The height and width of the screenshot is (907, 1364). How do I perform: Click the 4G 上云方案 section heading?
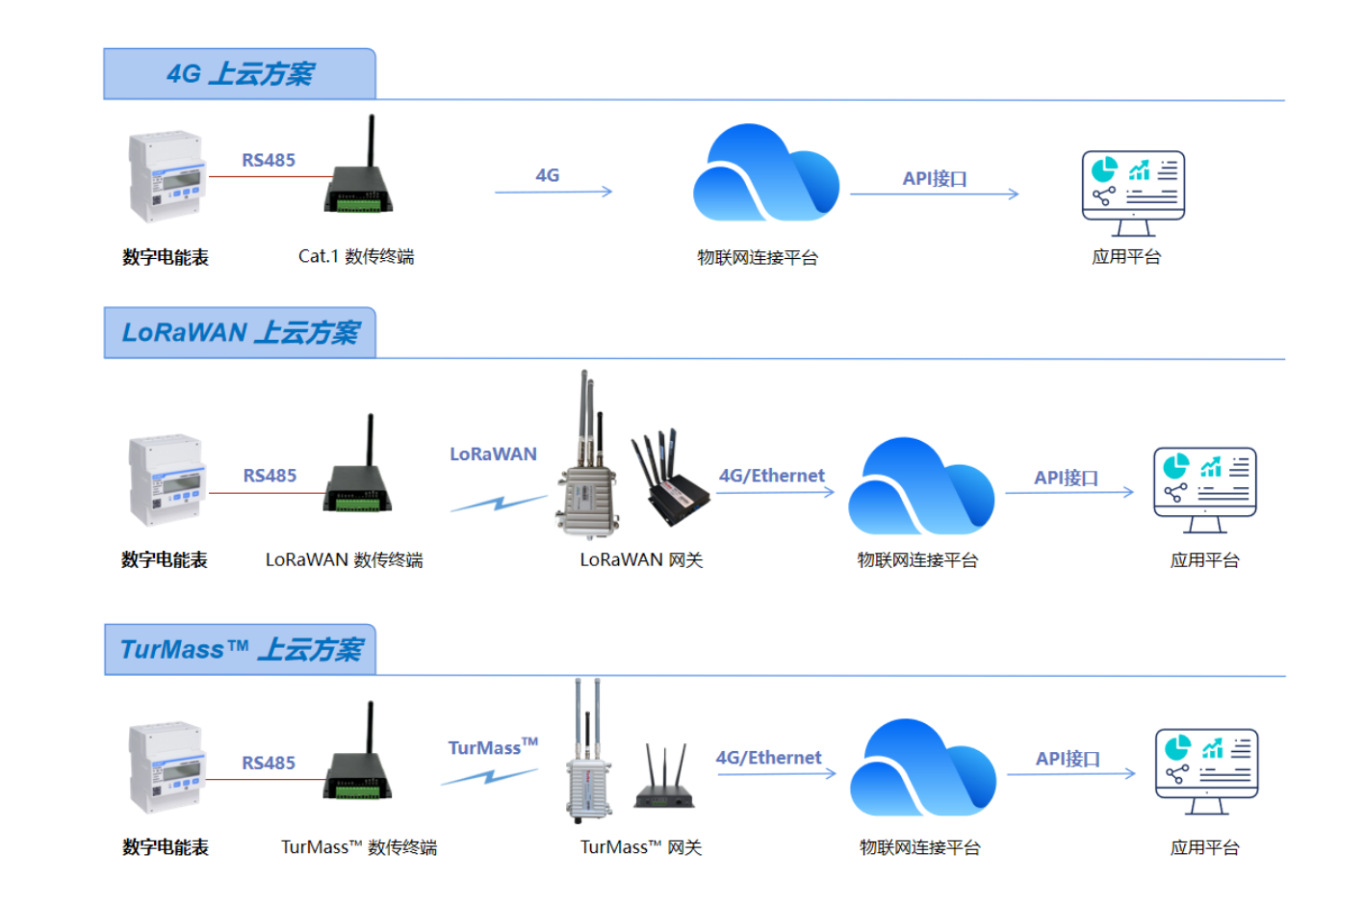(239, 74)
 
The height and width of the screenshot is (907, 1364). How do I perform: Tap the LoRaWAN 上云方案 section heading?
(240, 333)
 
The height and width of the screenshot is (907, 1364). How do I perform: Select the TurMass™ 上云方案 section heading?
(241, 650)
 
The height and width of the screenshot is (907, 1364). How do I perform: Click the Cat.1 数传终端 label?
(355, 256)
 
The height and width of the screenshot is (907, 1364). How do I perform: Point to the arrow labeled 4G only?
(553, 192)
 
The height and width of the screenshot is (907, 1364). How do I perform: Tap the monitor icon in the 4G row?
(1133, 193)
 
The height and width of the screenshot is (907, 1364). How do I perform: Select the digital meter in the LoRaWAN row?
(167, 479)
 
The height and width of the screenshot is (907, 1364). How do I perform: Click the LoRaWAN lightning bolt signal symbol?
(498, 503)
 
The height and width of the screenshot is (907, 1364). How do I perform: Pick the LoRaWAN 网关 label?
(641, 560)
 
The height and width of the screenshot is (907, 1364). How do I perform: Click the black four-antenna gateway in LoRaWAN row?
(674, 481)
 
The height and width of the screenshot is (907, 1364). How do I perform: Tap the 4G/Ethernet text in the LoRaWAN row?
(771, 476)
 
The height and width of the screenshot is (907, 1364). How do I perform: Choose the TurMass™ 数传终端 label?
(358, 847)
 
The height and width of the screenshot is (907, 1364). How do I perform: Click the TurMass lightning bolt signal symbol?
(489, 776)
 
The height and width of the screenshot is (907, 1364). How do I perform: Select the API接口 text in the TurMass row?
(1068, 759)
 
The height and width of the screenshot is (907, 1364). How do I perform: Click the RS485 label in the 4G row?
(268, 160)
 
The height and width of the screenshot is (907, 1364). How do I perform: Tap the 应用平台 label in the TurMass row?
(1204, 847)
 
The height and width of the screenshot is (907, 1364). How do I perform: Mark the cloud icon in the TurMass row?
(922, 770)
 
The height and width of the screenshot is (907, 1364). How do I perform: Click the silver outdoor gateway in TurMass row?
(589, 770)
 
